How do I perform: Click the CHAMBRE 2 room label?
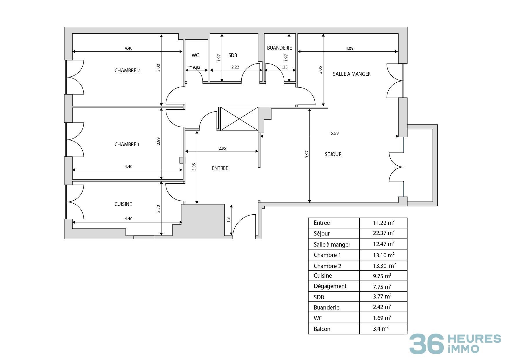tap(127, 70)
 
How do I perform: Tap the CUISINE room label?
tap(123, 204)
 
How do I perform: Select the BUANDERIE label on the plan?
tap(279, 48)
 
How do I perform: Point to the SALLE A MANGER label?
tap(352, 74)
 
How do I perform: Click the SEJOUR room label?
tap(333, 154)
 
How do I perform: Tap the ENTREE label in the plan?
tap(220, 168)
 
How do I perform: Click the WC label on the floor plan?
tap(195, 55)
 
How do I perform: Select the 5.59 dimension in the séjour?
tap(334, 133)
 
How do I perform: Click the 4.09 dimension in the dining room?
tap(349, 48)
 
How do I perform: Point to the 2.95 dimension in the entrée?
tap(222, 148)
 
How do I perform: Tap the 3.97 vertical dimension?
tap(307, 154)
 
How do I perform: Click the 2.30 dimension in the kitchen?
tap(158, 209)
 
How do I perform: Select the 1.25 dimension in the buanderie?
tap(284, 67)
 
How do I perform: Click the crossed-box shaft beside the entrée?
tap(239, 119)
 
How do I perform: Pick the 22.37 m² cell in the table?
tap(383, 233)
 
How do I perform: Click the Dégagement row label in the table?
tap(330, 286)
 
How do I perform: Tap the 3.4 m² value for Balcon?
tap(381, 329)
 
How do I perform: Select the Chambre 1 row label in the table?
tap(327, 255)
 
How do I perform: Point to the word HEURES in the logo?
tap(474, 339)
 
